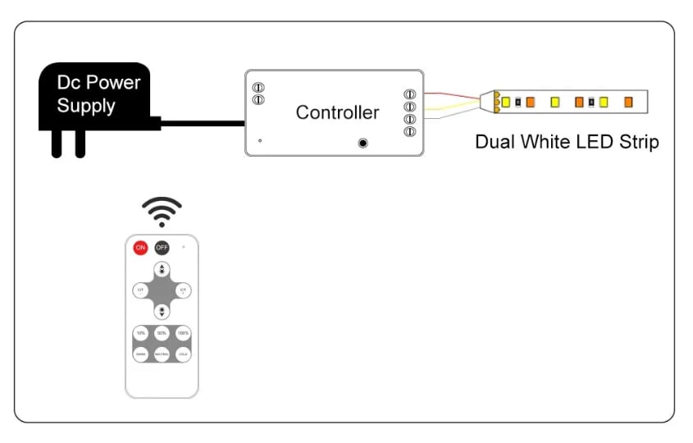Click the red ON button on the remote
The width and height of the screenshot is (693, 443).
pos(141,248)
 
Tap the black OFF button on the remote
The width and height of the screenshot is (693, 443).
pos(162,248)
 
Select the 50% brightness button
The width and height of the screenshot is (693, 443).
pos(162,334)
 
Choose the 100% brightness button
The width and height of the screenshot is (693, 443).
pos(183,334)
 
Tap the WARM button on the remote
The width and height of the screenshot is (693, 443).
pos(141,354)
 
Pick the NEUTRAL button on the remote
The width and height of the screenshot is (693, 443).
pos(162,354)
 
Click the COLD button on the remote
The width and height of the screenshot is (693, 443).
pos(183,354)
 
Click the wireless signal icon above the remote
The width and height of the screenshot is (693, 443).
pos(162,211)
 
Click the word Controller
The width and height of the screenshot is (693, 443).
pos(337,112)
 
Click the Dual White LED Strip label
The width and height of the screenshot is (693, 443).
pos(567,142)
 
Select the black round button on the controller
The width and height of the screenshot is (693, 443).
pos(362,143)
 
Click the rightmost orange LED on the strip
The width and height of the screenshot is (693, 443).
pos(628,102)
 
